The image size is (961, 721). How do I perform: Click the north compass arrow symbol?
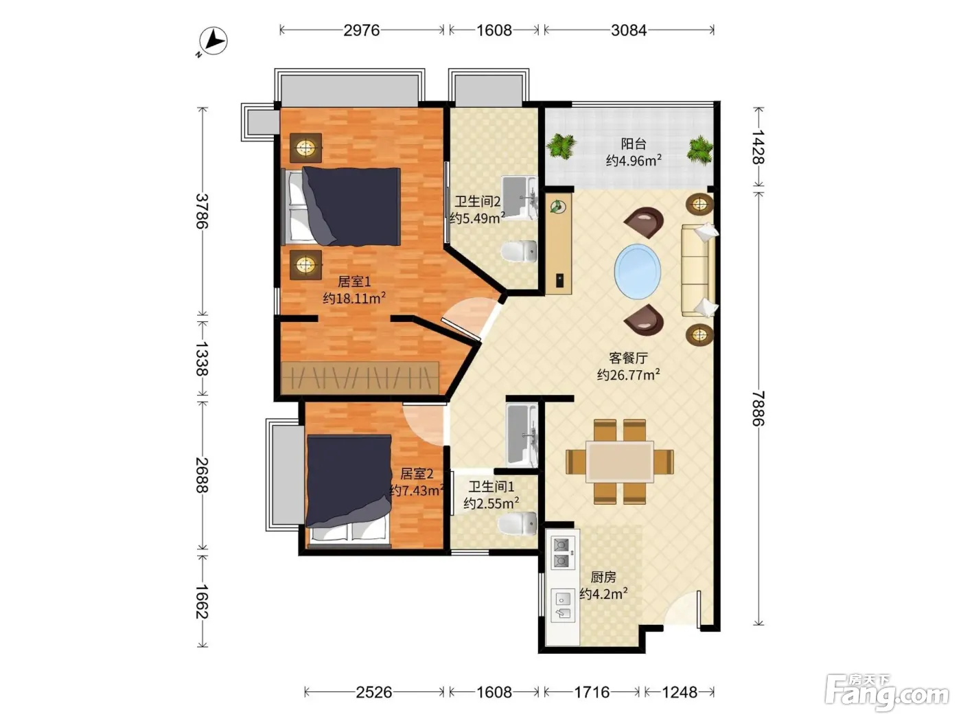213,41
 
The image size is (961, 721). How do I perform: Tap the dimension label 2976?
361,30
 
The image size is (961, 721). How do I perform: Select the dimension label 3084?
629,30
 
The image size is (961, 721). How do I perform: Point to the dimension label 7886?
759,409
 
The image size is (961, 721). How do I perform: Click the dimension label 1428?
759,147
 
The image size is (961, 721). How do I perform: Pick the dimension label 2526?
373,692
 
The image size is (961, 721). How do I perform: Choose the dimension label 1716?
592,692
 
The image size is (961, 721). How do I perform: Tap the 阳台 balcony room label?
634,144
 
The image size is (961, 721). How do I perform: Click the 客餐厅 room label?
628,358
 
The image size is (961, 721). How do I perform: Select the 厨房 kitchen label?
603,577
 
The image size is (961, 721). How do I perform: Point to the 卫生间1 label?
491,486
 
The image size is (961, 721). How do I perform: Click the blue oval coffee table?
638,272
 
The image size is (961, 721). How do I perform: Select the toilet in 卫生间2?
519,252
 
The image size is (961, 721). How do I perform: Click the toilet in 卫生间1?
518,523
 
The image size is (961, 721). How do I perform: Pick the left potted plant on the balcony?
560,146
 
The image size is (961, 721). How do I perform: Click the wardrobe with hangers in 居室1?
360,378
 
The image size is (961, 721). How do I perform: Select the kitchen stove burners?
561,553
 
